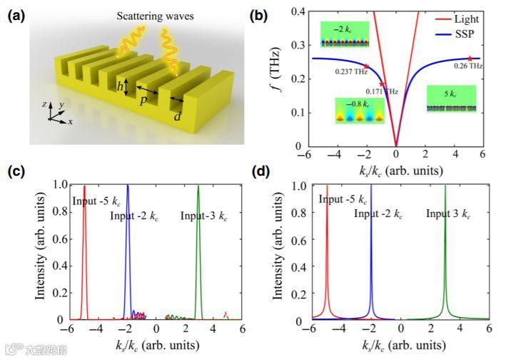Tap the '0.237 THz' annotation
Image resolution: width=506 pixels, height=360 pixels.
352,71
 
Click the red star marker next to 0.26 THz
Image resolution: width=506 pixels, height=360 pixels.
470,58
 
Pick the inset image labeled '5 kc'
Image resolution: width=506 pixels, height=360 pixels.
451,98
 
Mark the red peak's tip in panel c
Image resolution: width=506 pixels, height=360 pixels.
84,187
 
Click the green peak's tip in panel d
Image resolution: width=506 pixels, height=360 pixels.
445,187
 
